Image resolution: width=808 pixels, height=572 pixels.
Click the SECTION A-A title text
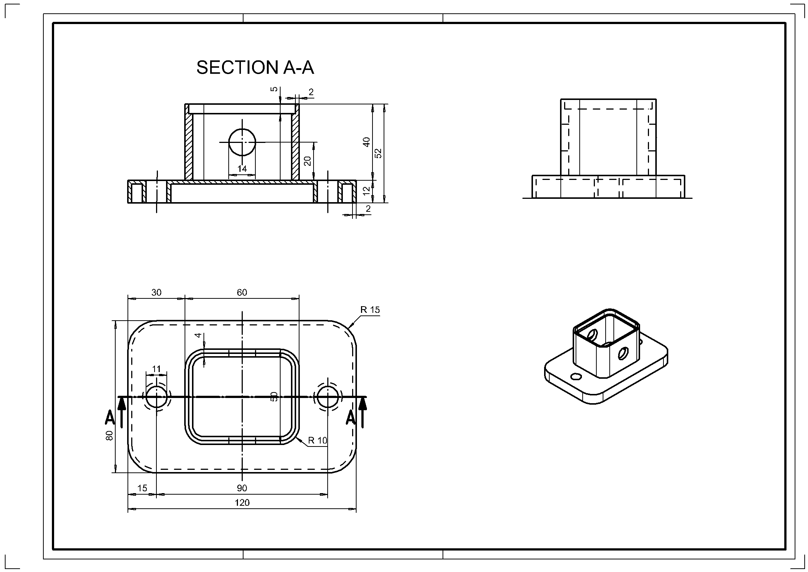255,67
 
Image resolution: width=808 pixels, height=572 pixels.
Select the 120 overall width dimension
242,502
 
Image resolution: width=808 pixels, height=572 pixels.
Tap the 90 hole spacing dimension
242,488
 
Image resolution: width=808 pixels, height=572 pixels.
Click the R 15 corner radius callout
370,310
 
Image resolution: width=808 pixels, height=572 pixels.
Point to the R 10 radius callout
318,440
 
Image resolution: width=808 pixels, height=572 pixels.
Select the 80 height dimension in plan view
109,435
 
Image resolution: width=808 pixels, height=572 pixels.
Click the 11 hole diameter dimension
156,369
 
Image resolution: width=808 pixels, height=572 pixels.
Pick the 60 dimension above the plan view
242,292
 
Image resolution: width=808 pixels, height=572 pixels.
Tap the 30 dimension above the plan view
156,292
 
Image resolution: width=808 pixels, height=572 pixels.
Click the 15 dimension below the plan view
142,488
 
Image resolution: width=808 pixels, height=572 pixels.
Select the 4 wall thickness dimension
199,335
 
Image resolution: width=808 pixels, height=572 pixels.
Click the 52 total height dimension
378,153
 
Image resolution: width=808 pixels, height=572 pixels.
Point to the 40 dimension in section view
367,142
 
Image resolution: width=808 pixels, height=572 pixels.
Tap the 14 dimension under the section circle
242,169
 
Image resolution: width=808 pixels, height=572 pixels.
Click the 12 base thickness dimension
367,191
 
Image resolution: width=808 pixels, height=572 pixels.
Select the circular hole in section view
242,142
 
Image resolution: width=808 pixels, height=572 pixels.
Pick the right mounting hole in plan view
328,397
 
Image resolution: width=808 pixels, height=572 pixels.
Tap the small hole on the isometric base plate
576,377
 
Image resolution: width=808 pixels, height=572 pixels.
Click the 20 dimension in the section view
308,161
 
